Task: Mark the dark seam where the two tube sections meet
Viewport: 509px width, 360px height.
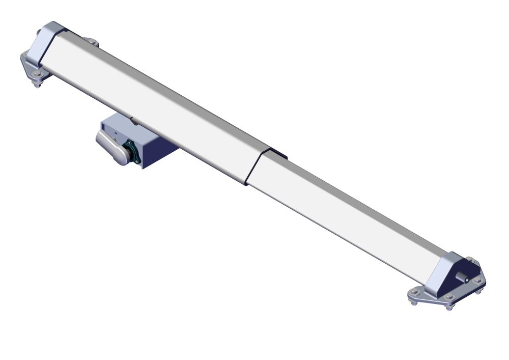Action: click(x=253, y=168)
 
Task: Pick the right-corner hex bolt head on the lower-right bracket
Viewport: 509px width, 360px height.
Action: click(x=477, y=280)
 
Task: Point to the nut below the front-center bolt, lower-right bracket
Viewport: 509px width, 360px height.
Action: click(x=449, y=307)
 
